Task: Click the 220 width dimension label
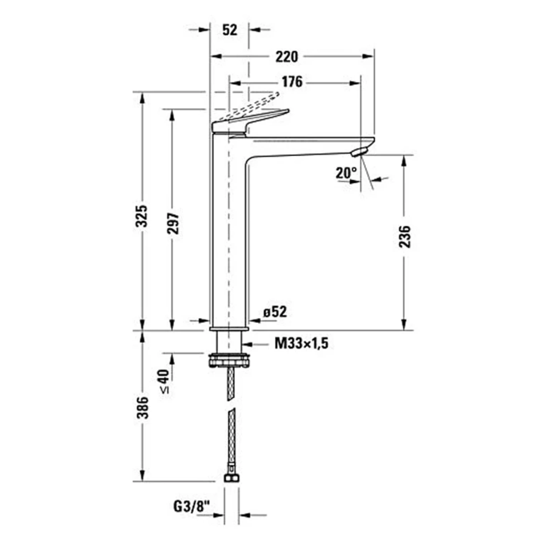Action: (x=287, y=57)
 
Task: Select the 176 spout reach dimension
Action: (x=292, y=82)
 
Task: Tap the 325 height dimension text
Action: (x=142, y=216)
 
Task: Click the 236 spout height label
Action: (x=404, y=237)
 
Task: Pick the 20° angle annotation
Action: (x=346, y=173)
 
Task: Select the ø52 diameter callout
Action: (x=275, y=312)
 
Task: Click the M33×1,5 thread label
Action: (x=301, y=343)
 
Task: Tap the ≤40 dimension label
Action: (x=164, y=381)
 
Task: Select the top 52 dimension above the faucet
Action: (x=230, y=30)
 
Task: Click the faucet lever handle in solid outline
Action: (x=254, y=119)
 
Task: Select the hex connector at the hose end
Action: (x=231, y=478)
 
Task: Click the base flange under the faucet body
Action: (x=229, y=329)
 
